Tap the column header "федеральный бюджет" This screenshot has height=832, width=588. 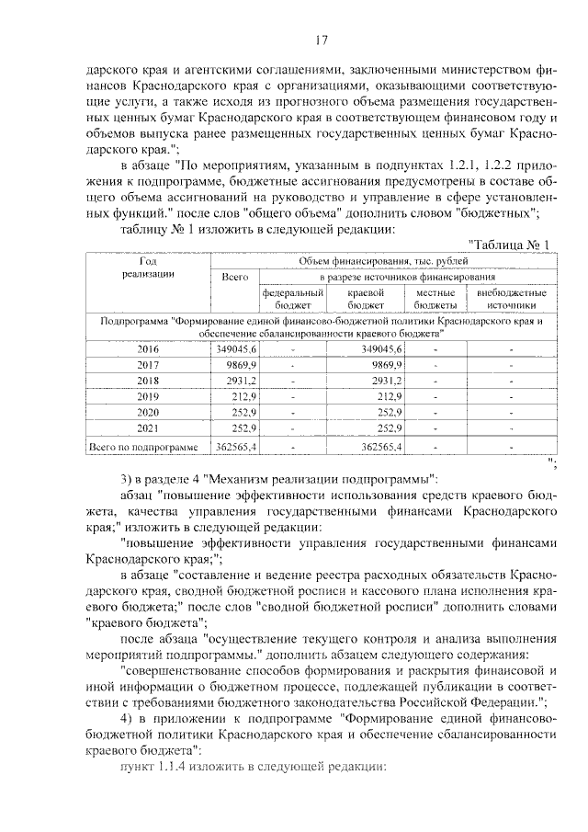pyautogui.click(x=293, y=298)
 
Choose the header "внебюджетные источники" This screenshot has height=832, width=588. pyautogui.click(x=512, y=298)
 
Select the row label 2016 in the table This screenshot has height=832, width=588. pyautogui.click(x=148, y=348)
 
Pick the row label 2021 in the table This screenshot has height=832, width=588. pyautogui.click(x=148, y=427)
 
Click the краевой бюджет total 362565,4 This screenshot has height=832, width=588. pyautogui.click(x=379, y=446)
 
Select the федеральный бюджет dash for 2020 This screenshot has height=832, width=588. pyautogui.click(x=293, y=412)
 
